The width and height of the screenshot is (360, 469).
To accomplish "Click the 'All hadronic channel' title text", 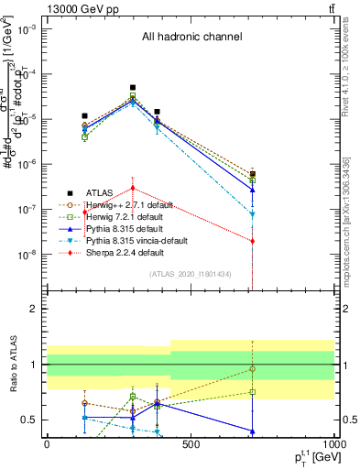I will coord(191,37).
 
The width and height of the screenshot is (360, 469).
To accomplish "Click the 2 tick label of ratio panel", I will coord(33,310).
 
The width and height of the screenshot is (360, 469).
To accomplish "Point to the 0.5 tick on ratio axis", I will coord(28,420).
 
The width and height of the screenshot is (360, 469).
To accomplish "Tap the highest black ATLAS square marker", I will coord(133,88).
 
